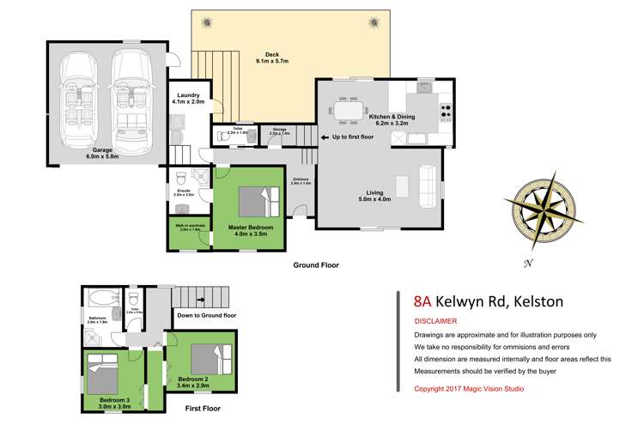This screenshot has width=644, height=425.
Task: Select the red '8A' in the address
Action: click(x=422, y=301)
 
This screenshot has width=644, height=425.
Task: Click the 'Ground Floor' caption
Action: click(x=316, y=265)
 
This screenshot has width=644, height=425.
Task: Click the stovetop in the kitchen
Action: click(x=447, y=111)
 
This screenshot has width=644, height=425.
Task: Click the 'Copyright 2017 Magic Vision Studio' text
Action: click(x=469, y=389)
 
